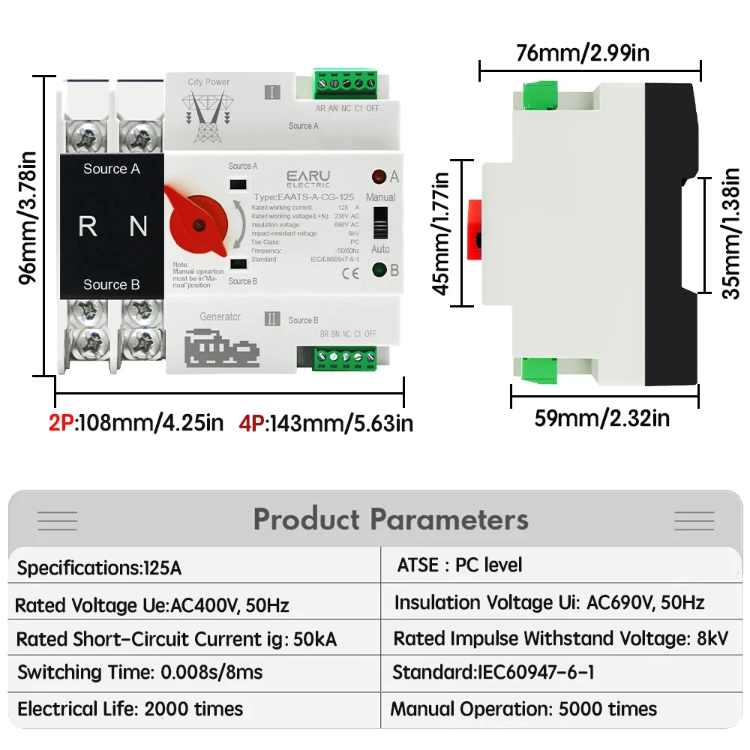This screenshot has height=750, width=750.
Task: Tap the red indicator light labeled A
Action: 379,177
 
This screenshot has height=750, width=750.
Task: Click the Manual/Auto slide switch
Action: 380,222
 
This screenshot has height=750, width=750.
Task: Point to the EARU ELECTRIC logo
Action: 307,178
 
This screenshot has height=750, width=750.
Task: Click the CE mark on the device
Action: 349,273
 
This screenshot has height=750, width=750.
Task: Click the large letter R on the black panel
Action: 88,226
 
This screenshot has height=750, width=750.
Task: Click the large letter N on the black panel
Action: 138,226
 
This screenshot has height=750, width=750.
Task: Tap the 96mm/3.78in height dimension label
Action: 28,219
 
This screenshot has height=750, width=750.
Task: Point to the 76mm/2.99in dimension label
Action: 583,53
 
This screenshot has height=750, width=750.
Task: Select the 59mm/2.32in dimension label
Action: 602,418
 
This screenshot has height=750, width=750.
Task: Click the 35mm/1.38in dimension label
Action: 730,234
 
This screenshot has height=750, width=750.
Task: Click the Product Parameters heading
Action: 391,519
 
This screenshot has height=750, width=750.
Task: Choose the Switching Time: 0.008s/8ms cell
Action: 140,672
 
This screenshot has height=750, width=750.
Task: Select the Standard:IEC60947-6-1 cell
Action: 493,673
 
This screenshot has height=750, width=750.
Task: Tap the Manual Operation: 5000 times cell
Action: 523,709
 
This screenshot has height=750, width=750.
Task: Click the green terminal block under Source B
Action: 346,359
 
